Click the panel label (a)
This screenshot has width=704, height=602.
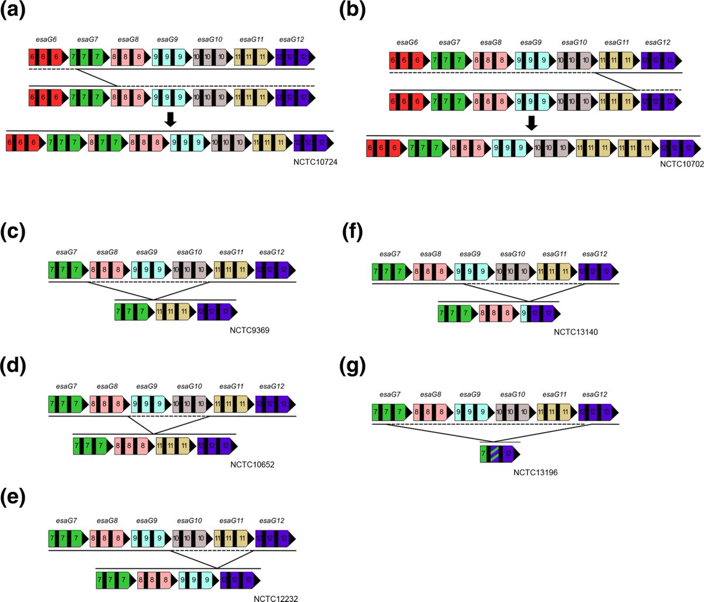[15, 13]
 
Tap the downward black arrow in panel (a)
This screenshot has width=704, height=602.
[170, 119]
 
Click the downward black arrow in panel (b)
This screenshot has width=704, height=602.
[532, 123]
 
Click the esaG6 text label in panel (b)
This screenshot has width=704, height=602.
[407, 42]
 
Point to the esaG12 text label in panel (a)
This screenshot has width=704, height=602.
[291, 39]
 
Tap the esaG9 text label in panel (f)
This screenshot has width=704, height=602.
[471, 254]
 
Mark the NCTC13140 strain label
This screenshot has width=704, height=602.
[575, 332]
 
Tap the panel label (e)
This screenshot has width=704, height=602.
[14, 498]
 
